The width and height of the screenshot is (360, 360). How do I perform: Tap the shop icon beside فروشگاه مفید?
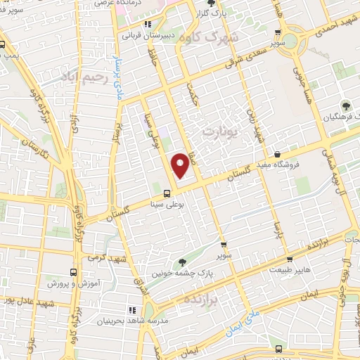click(278, 154)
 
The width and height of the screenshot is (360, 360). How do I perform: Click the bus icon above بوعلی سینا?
click(167, 193)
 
